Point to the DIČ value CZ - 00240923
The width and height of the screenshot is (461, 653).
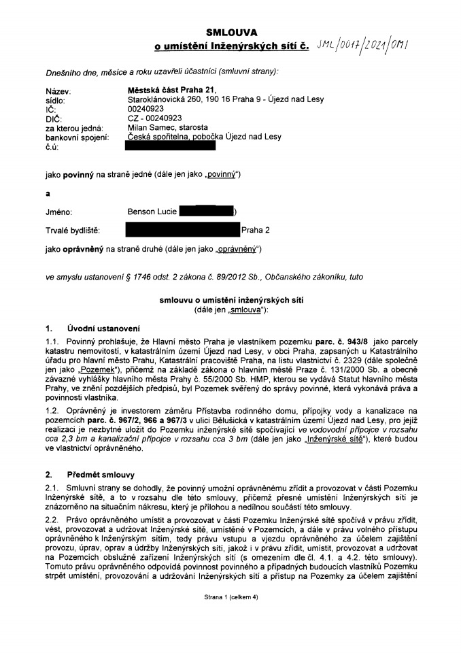click(150, 117)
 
